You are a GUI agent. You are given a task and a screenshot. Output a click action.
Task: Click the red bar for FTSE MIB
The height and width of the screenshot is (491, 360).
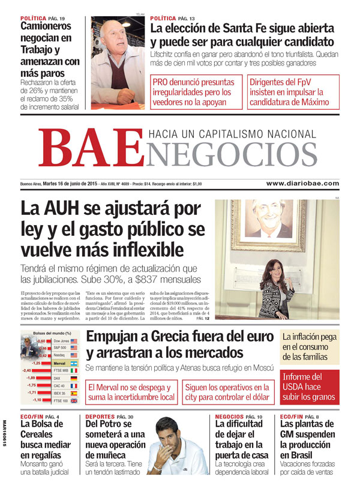(x=44, y=370)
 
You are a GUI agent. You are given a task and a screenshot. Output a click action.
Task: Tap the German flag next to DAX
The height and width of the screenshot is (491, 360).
(x=74, y=378)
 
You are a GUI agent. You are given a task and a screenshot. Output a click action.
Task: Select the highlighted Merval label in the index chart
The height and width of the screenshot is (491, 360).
(x=59, y=363)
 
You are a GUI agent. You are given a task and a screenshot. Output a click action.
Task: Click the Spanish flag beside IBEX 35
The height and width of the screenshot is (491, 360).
(x=74, y=393)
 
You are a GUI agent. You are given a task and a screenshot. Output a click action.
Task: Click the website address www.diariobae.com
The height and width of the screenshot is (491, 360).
(x=302, y=184)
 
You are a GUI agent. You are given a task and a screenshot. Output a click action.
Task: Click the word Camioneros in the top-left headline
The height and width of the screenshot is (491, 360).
(x=46, y=26)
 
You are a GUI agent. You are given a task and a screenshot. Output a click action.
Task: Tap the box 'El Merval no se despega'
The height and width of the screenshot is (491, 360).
(x=131, y=392)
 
